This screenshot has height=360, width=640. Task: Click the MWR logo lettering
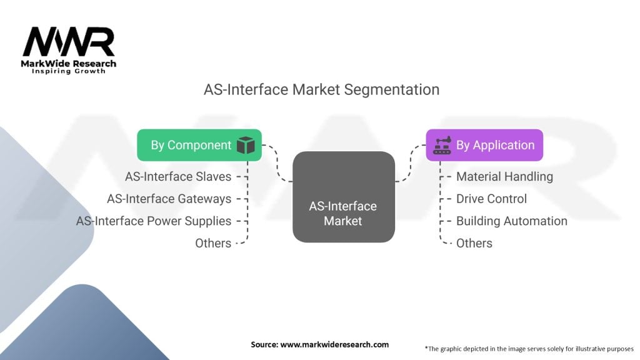pyautogui.click(x=69, y=41)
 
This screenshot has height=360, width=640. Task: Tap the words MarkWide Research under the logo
pyautogui.click(x=69, y=63)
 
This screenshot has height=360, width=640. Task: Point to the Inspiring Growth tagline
pyautogui.click(x=69, y=71)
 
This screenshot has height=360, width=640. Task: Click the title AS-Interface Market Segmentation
pyautogui.click(x=322, y=89)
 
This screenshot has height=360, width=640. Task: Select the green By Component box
pyautogui.click(x=199, y=145)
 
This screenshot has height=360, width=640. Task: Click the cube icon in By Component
pyautogui.click(x=246, y=145)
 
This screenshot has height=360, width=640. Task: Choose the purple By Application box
pyautogui.click(x=484, y=145)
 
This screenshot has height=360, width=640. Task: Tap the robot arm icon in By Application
pyautogui.click(x=442, y=145)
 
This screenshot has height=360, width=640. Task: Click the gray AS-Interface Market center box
pyautogui.click(x=344, y=197)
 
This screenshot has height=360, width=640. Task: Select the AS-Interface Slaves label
pyautogui.click(x=178, y=176)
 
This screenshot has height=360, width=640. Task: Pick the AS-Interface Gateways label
pyautogui.click(x=169, y=199)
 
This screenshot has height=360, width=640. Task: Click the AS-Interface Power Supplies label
pyautogui.click(x=154, y=221)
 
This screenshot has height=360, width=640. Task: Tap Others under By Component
pyautogui.click(x=213, y=243)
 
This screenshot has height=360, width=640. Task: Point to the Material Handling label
pyautogui.click(x=504, y=176)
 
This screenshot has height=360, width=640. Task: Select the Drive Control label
pyautogui.click(x=491, y=199)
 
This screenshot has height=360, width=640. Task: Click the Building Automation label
pyautogui.click(x=512, y=221)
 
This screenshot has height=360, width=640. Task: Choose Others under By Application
pyautogui.click(x=474, y=243)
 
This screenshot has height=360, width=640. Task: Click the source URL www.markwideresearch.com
pyautogui.click(x=334, y=344)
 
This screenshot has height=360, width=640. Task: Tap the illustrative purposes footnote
pyautogui.click(x=529, y=349)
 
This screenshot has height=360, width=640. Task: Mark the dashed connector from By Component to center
pyautogui.click(x=277, y=163)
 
